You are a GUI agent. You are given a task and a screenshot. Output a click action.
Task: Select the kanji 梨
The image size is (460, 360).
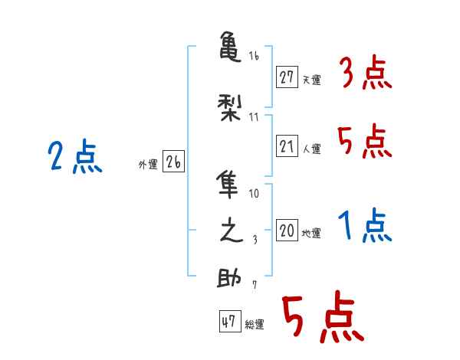(x=229, y=108)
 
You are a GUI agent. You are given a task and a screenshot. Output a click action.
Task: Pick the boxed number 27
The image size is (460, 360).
(x=287, y=77)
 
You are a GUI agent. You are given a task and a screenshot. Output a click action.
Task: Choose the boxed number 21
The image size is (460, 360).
(x=287, y=146)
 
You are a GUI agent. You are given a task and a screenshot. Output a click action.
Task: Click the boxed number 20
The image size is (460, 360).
(x=287, y=231)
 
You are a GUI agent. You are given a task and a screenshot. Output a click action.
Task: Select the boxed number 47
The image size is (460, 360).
(x=228, y=322)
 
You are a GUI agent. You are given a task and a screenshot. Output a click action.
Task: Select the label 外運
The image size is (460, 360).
(x=147, y=163)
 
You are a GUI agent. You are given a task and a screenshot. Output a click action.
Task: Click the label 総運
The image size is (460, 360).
(x=255, y=325)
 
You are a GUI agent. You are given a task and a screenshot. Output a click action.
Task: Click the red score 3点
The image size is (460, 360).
(x=366, y=74)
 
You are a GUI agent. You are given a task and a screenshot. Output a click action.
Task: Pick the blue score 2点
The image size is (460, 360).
(x=74, y=158)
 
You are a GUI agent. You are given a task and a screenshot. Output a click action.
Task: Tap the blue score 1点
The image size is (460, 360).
(x=366, y=227)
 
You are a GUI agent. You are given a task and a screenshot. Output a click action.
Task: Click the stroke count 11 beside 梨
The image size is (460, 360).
(x=255, y=116)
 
